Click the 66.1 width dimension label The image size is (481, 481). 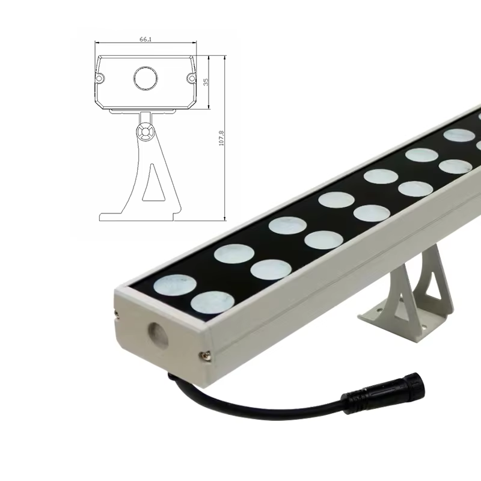point(145,39)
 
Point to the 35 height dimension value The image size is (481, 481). point(206,82)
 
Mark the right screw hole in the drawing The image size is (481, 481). point(191,78)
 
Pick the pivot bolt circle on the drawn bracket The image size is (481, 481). point(144,132)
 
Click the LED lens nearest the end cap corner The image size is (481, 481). point(176,284)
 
